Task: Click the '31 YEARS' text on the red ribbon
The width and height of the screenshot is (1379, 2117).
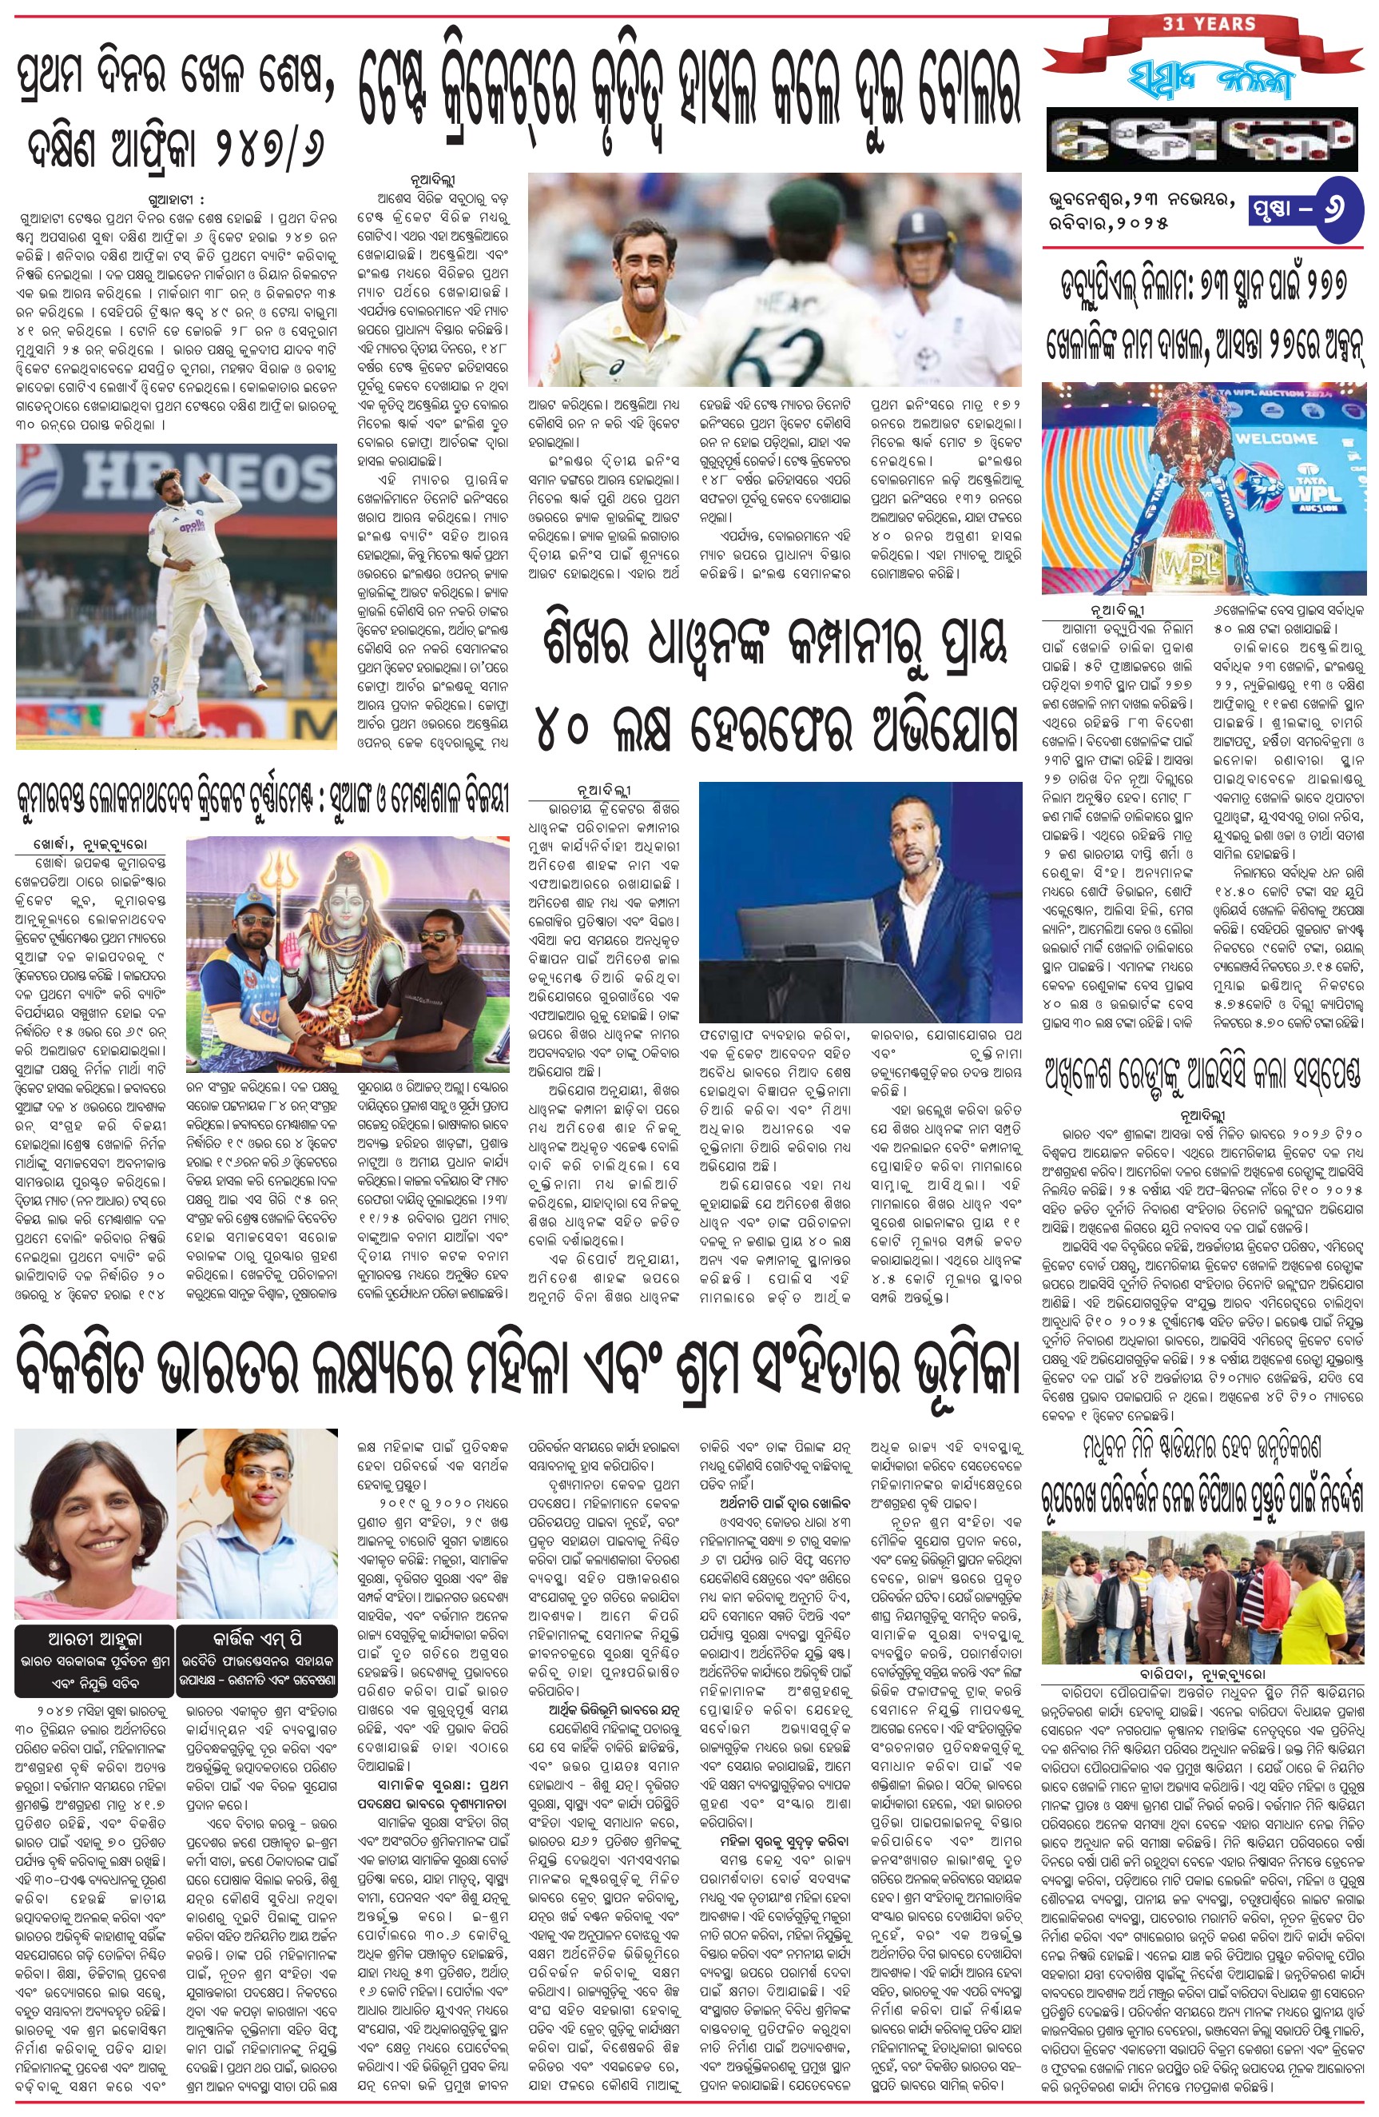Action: pos(1208,24)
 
